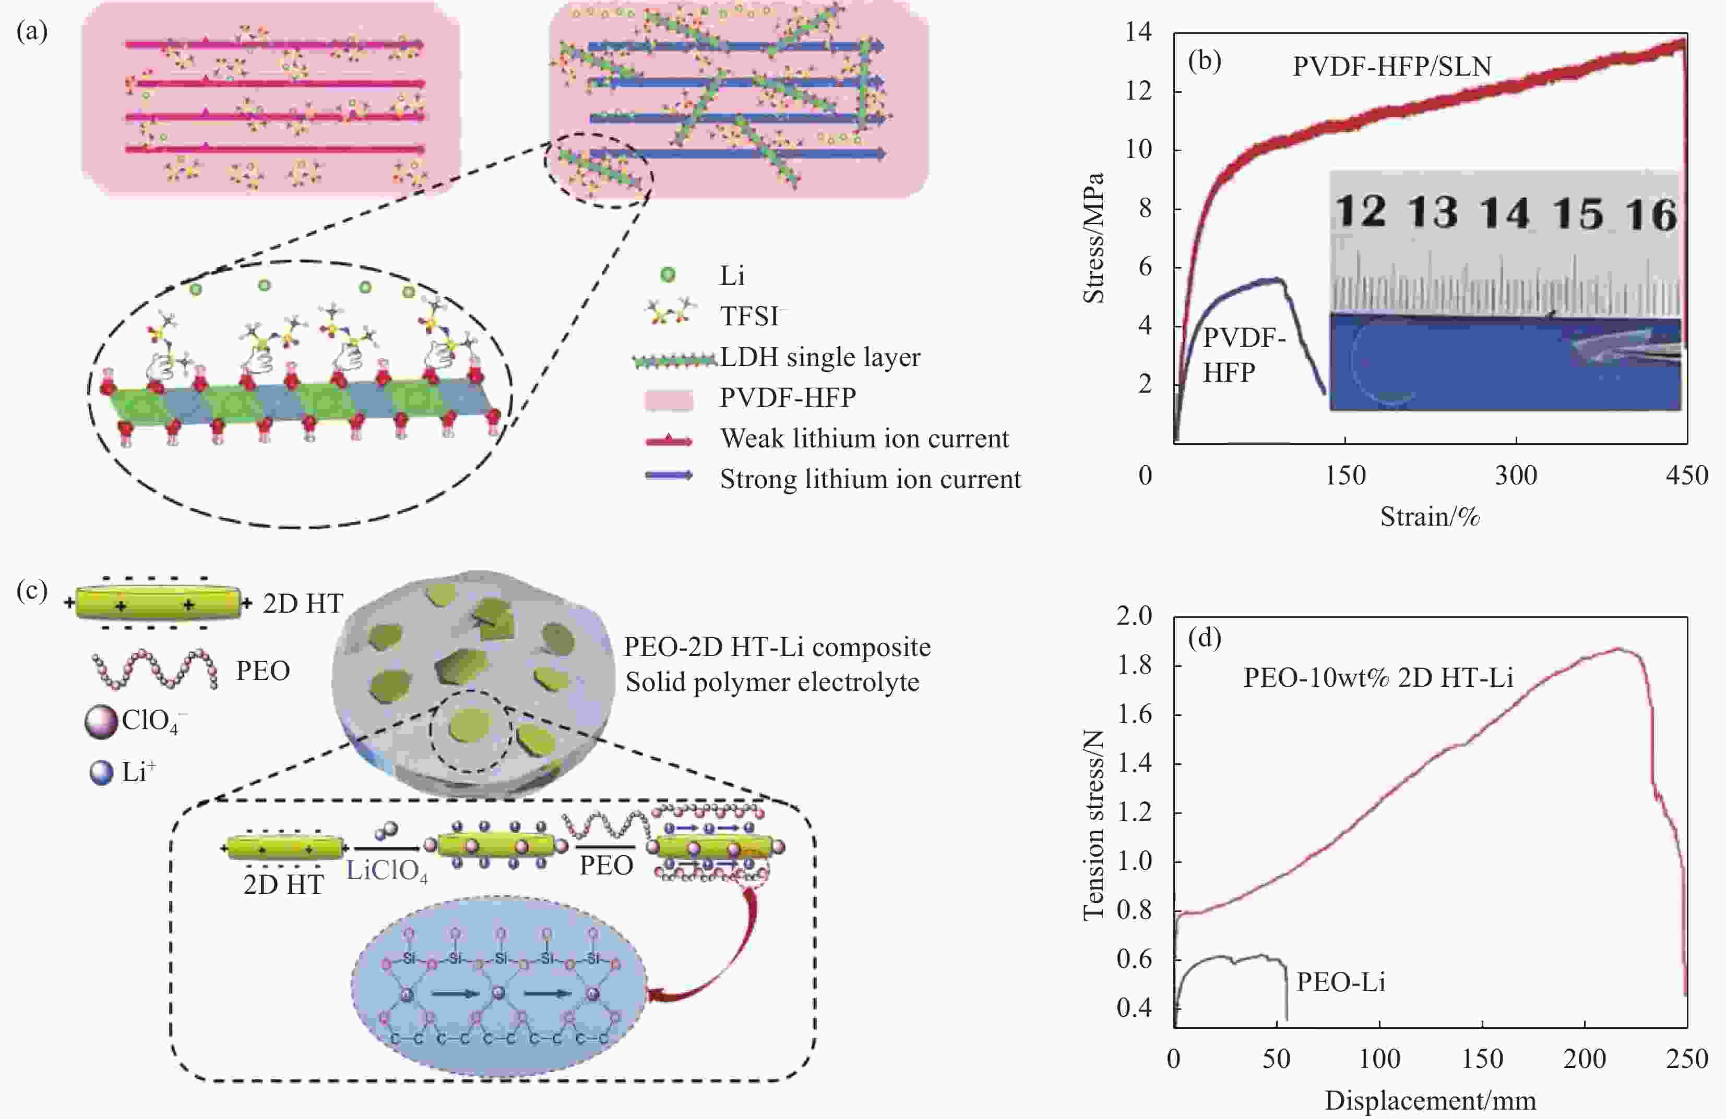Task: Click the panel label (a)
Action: coord(32,31)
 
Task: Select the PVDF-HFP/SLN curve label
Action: coord(1391,67)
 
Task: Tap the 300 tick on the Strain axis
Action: coord(1516,476)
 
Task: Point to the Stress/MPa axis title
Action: coord(1093,238)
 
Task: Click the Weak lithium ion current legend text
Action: coord(864,439)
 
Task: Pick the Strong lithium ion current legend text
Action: coord(870,479)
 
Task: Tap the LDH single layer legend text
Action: coord(819,357)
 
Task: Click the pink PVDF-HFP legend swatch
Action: coord(668,398)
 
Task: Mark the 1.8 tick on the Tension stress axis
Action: coord(1134,665)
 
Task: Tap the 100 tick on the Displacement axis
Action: coord(1378,1060)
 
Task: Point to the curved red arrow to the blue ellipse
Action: coord(718,957)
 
